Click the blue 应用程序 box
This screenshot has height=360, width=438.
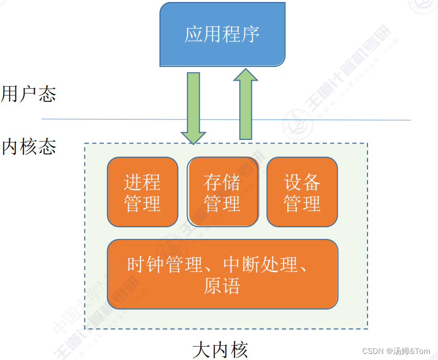[x=222, y=34]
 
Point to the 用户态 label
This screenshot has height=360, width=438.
[x=29, y=94]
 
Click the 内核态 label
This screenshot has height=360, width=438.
[x=29, y=147]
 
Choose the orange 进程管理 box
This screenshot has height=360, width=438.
[x=143, y=192]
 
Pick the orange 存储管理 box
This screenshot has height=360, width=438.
[x=222, y=192]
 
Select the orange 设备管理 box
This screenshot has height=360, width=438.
[x=302, y=192]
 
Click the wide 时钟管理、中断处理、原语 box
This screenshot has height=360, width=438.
[x=222, y=274]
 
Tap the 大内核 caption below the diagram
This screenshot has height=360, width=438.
[x=220, y=350]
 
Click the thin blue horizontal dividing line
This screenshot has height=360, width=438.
[x=317, y=120]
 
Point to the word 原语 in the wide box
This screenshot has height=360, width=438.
[x=222, y=285]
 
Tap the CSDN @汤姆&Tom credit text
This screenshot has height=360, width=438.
[x=396, y=351]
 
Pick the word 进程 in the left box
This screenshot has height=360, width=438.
[x=143, y=182]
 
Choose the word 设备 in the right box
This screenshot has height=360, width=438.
[x=302, y=182]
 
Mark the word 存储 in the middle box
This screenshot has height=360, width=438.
[x=222, y=182]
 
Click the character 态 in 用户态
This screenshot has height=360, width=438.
[x=47, y=94]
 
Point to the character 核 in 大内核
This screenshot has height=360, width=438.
[x=239, y=350]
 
